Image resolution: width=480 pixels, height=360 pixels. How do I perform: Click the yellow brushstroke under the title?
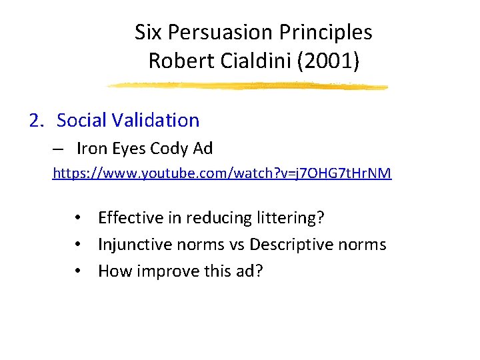(247, 86)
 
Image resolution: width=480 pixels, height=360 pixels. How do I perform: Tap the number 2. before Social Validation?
(37, 121)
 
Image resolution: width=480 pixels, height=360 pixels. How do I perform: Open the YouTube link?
(222, 174)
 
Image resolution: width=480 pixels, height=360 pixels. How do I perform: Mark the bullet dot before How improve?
(79, 271)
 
